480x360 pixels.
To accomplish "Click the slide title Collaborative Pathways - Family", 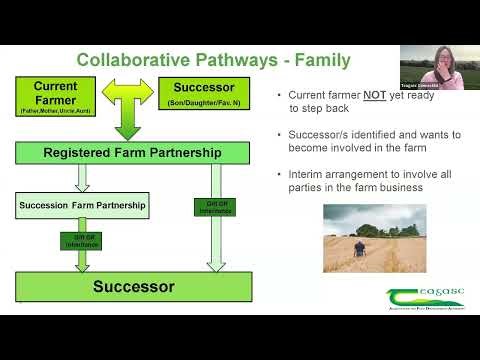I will tap(213, 60).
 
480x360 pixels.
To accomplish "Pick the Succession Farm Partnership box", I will tap(82, 206).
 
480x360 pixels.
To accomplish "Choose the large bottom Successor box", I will tap(133, 287).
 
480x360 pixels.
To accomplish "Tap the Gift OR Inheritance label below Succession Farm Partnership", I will tap(82, 241).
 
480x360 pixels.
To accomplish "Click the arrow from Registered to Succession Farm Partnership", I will tap(82, 178).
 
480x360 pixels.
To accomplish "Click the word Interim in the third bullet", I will tap(306, 174).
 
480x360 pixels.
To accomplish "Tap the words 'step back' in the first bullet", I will tap(322, 108).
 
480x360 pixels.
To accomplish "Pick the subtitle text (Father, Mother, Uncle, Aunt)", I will tap(55, 113).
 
